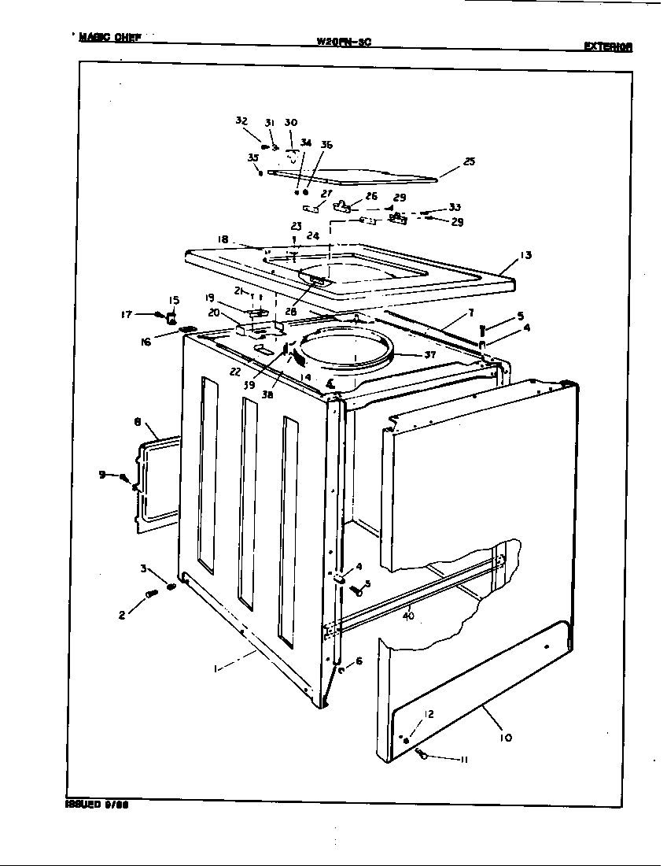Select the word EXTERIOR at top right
608,46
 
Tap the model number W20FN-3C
343,42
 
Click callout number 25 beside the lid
469,161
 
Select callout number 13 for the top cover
525,255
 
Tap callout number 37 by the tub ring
429,354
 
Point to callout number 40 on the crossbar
408,616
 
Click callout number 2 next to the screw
122,616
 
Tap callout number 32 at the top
241,120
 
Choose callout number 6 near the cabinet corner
359,661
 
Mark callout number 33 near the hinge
455,208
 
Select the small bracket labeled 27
312,209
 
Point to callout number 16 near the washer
146,342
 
